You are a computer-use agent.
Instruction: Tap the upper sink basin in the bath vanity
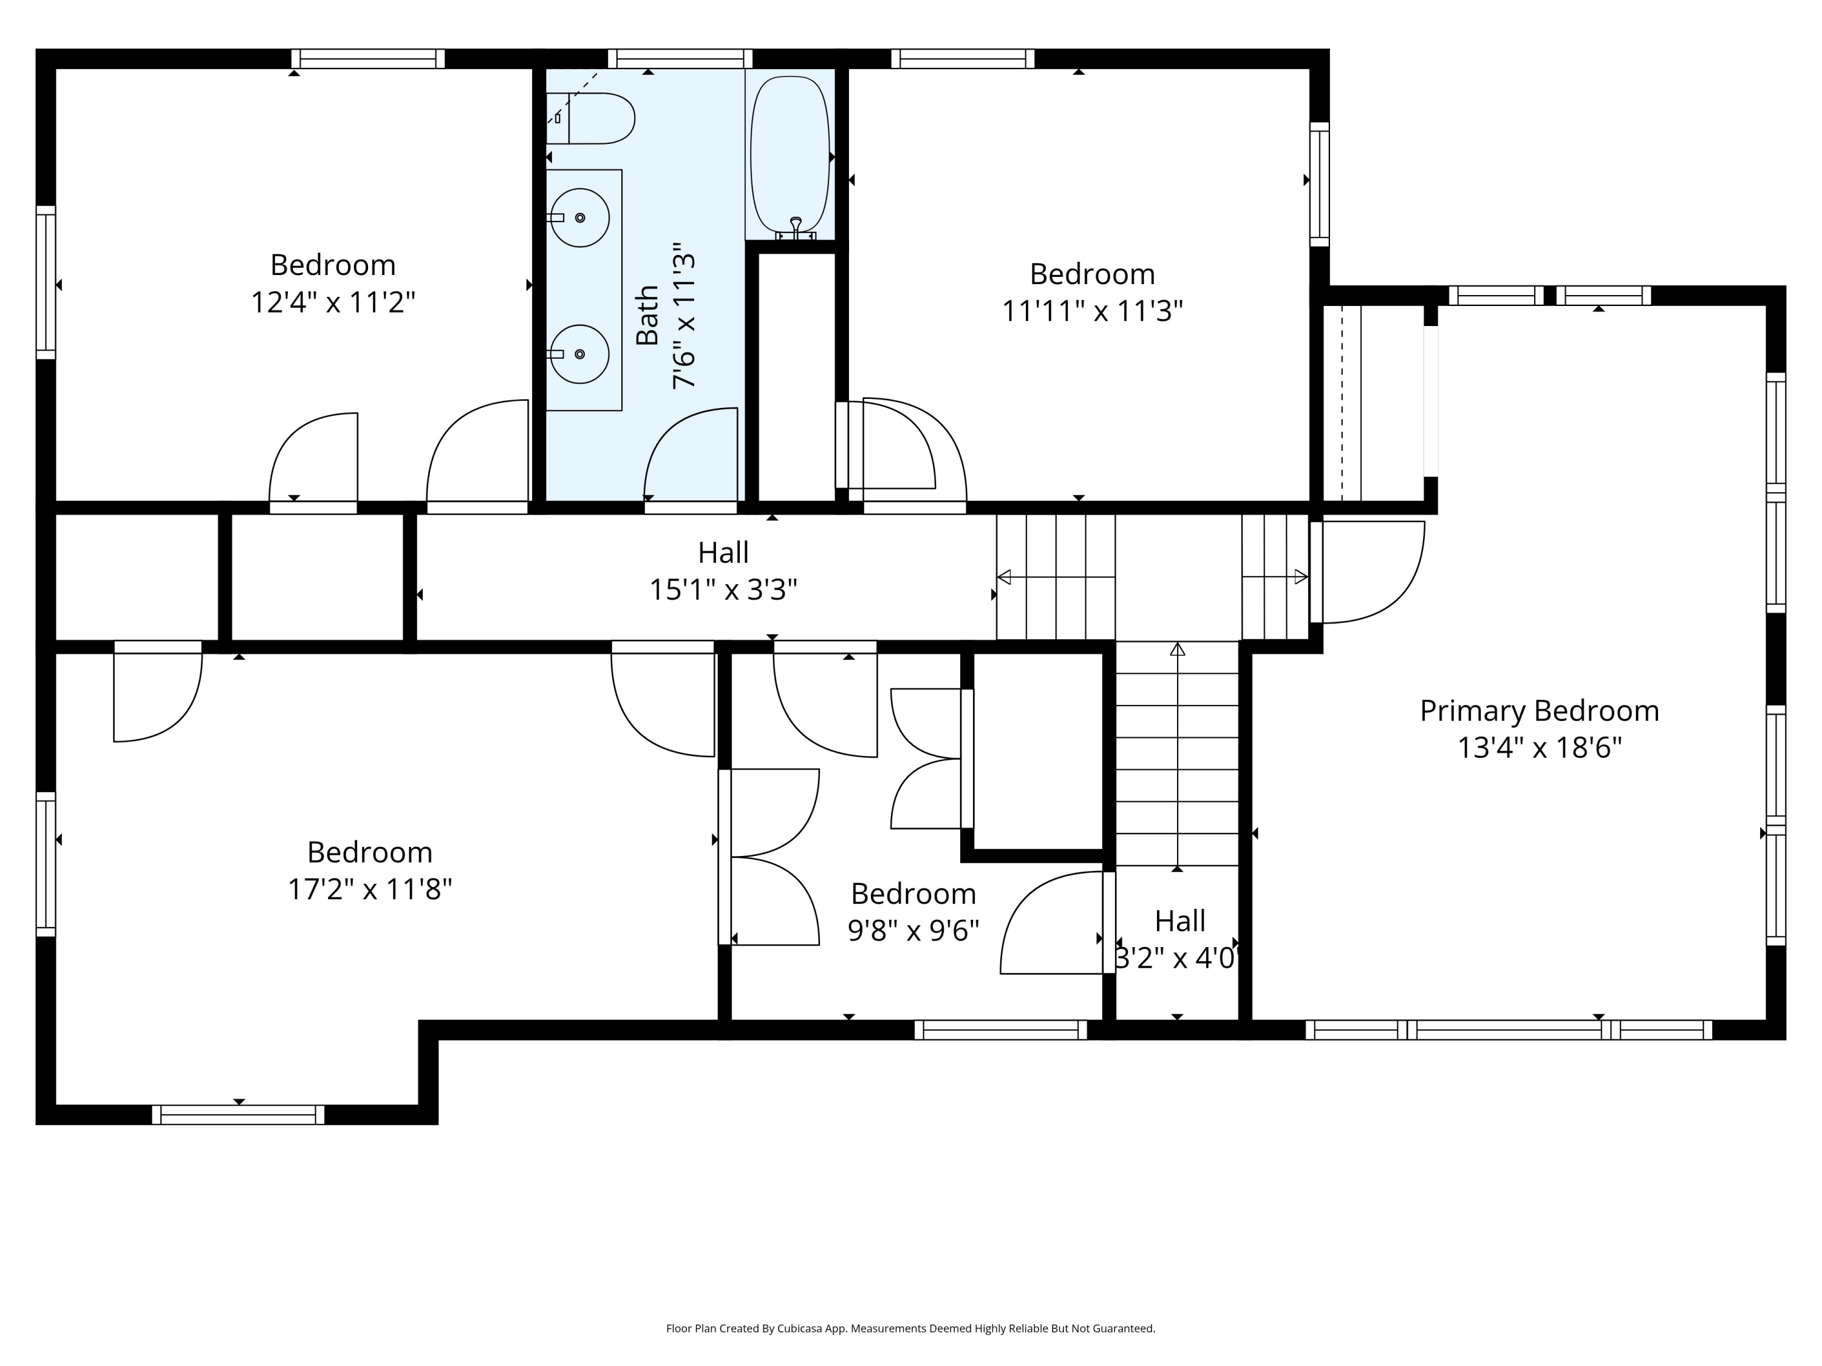click(x=580, y=217)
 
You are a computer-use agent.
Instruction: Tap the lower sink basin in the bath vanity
click(x=580, y=354)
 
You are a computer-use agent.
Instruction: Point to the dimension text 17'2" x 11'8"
click(x=370, y=889)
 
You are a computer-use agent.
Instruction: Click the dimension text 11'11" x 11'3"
click(x=1092, y=311)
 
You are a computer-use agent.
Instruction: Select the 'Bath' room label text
click(x=647, y=315)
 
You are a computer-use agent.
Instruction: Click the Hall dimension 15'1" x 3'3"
click(x=723, y=590)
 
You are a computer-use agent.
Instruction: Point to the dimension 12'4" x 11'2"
click(x=333, y=302)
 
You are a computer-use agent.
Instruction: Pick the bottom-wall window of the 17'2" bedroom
click(x=238, y=1115)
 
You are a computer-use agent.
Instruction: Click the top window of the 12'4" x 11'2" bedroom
click(x=368, y=58)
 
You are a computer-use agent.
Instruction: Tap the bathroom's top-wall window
click(x=680, y=58)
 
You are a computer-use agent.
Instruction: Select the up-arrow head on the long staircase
click(x=1177, y=649)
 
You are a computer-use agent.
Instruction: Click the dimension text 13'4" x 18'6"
click(x=1540, y=747)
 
